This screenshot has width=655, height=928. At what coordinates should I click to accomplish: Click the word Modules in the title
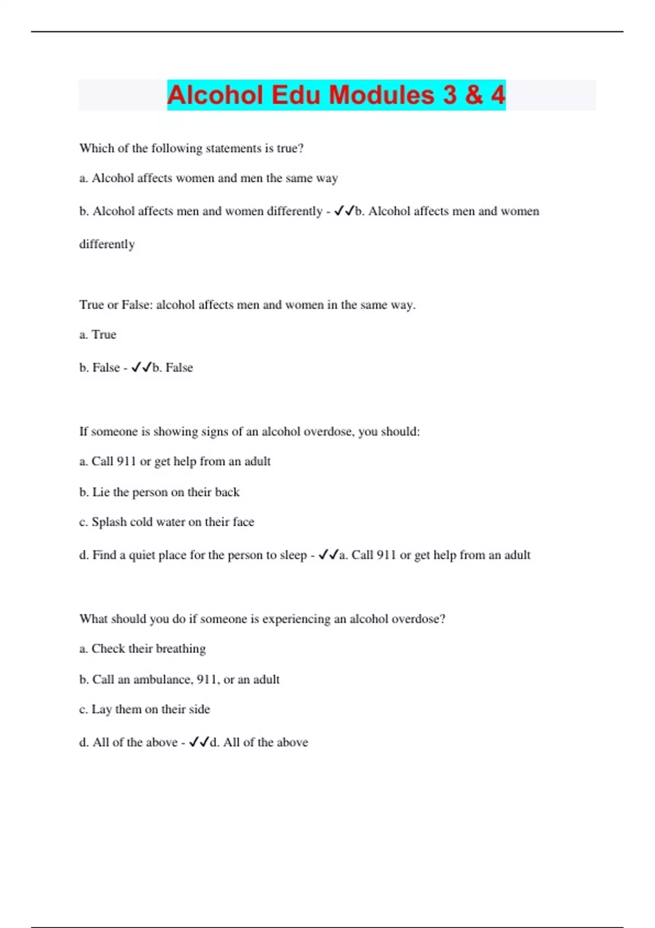[x=382, y=95]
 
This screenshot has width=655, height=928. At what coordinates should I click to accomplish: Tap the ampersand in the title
[x=474, y=95]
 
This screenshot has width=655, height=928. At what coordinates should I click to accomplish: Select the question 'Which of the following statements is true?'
[x=191, y=148]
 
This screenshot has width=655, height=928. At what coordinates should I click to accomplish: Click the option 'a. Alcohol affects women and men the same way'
[x=209, y=178]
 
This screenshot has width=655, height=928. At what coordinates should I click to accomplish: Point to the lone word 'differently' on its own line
[x=107, y=244]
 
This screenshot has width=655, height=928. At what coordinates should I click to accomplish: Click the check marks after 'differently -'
[x=344, y=211]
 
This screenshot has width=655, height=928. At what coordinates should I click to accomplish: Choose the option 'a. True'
[x=98, y=334]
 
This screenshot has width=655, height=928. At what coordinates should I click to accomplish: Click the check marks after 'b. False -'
[x=141, y=367]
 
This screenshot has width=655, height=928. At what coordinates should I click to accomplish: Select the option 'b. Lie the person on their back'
[x=159, y=492]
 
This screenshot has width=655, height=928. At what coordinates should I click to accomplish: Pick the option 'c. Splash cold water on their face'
[x=166, y=522]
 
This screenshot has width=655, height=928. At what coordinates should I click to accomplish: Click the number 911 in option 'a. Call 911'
[x=126, y=461]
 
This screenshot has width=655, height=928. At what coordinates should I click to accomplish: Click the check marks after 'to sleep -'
[x=329, y=555]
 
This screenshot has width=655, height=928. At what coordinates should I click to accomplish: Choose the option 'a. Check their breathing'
[x=142, y=649]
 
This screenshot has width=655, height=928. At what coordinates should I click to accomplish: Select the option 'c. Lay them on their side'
[x=145, y=709]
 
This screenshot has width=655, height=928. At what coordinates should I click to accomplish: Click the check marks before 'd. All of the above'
[x=199, y=742]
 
